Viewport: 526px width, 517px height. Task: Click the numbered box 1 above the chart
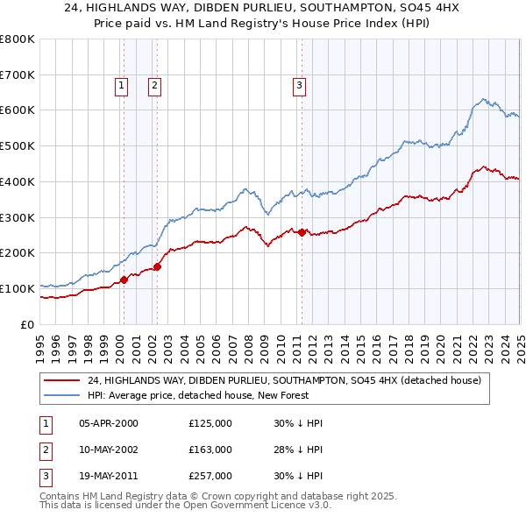(x=120, y=86)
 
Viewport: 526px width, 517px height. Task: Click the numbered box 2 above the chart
(x=153, y=86)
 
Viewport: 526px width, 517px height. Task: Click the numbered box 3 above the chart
(x=299, y=86)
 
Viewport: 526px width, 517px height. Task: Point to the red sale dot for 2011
(x=302, y=232)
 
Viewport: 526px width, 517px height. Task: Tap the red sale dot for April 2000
(x=124, y=280)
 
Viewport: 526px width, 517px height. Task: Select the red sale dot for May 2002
(x=158, y=266)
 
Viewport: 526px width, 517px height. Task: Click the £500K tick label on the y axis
(x=18, y=145)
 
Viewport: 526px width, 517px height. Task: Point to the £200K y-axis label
(x=18, y=252)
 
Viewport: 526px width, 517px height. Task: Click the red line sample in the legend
(x=60, y=381)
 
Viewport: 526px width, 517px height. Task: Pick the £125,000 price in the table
(x=210, y=423)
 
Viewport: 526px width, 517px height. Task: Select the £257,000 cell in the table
(x=210, y=476)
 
